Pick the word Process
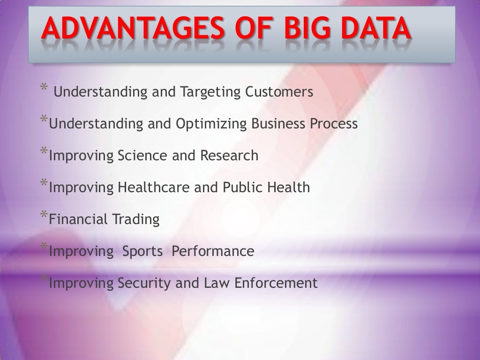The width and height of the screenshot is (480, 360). click(333, 124)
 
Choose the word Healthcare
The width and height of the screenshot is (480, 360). click(153, 187)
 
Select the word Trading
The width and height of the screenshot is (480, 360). click(135, 219)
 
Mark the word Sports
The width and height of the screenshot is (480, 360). click(142, 252)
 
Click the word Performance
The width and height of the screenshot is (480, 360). click(213, 251)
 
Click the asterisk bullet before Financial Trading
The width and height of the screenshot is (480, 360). click(44, 216)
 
